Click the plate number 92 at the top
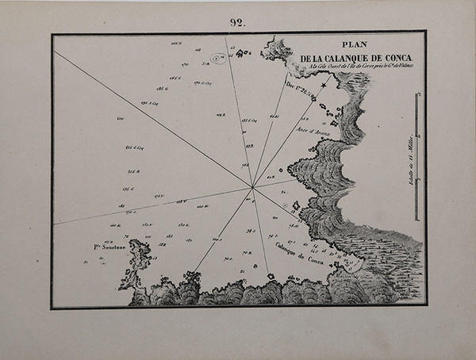pos(238,22)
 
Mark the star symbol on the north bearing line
pos(324,84)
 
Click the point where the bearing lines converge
pos(252,188)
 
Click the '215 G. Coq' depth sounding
pos(134,147)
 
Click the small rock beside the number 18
pos(296,208)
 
